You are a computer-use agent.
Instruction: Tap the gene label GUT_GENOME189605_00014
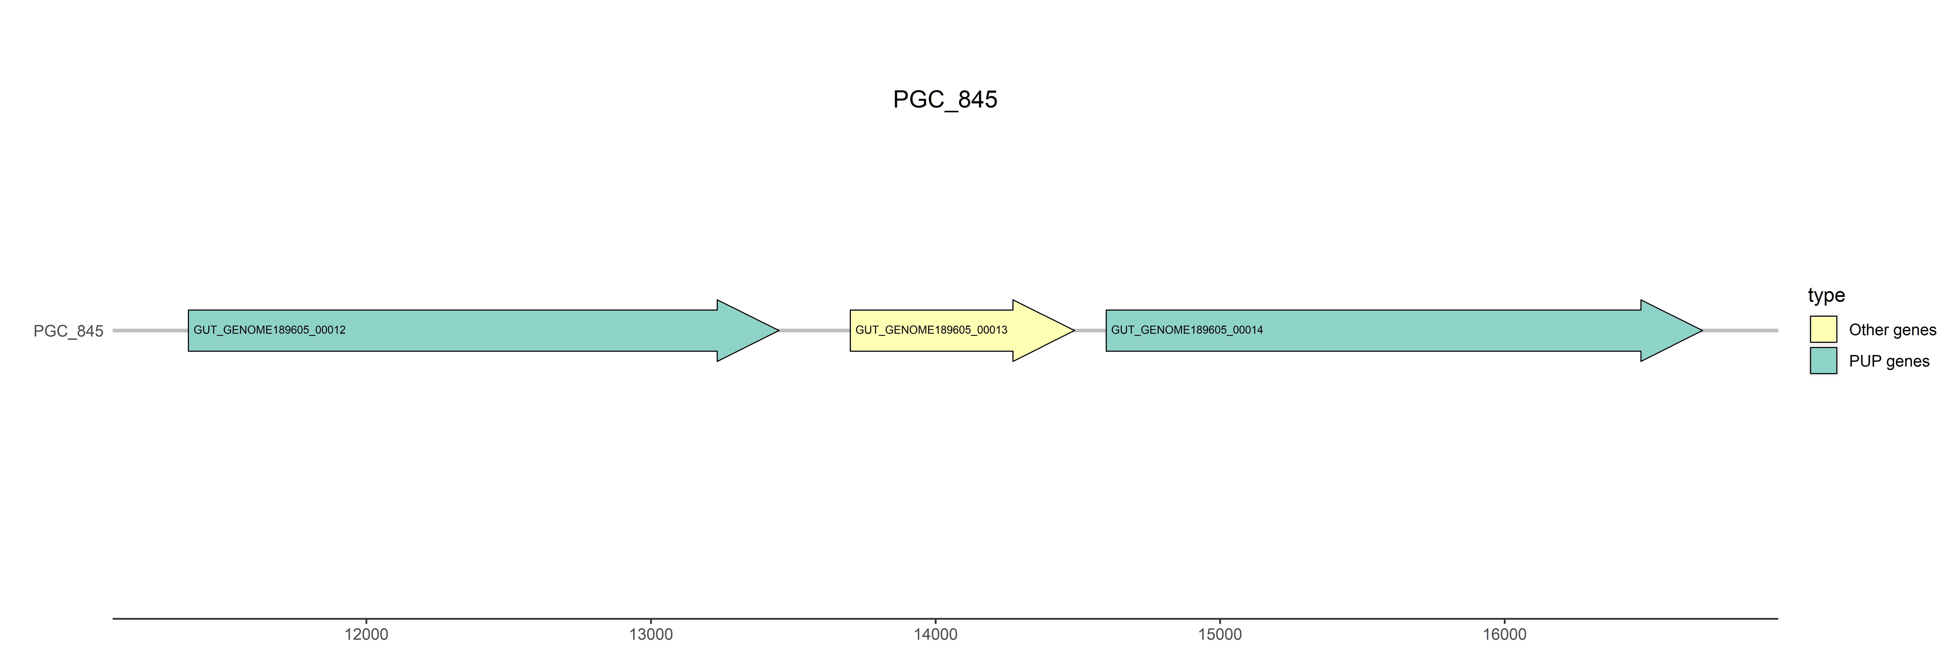(1187, 330)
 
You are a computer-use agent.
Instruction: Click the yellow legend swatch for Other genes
(1823, 329)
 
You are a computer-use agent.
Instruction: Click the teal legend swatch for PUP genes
(1823, 360)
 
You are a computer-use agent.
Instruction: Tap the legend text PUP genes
(1889, 361)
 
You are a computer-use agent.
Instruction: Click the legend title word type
(1826, 295)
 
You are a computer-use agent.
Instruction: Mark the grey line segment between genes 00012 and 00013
(814, 331)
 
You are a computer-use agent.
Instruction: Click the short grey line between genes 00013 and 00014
(1090, 331)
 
